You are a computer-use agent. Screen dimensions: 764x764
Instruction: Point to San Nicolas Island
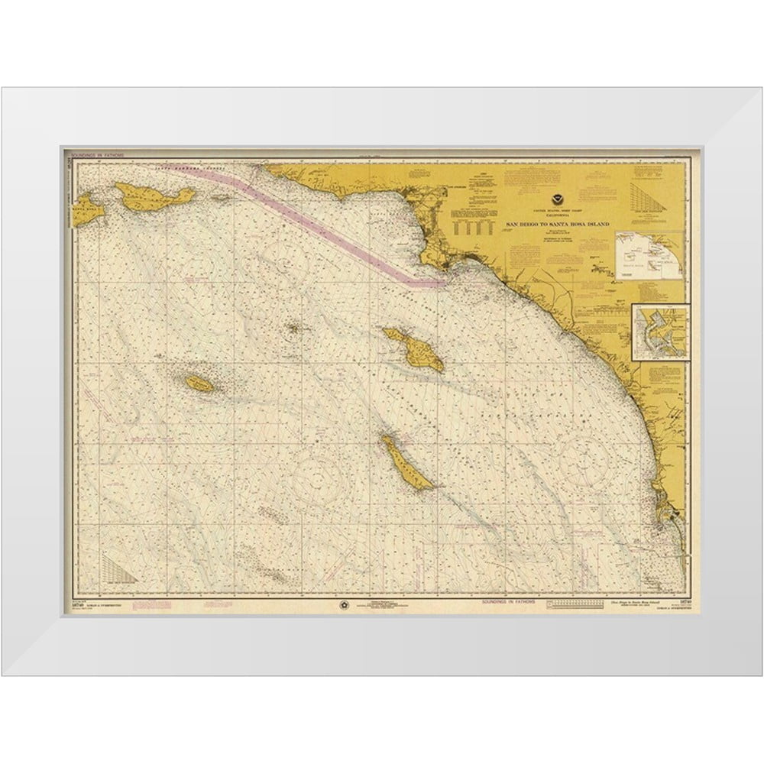(x=199, y=384)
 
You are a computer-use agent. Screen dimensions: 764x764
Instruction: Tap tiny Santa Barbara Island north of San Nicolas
(x=293, y=330)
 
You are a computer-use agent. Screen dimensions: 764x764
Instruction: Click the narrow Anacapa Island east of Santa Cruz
(x=222, y=197)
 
